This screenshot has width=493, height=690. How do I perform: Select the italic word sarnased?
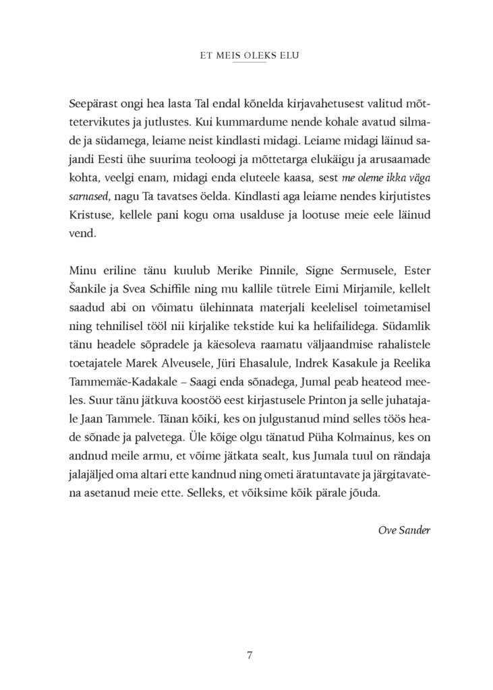pos(90,195)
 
